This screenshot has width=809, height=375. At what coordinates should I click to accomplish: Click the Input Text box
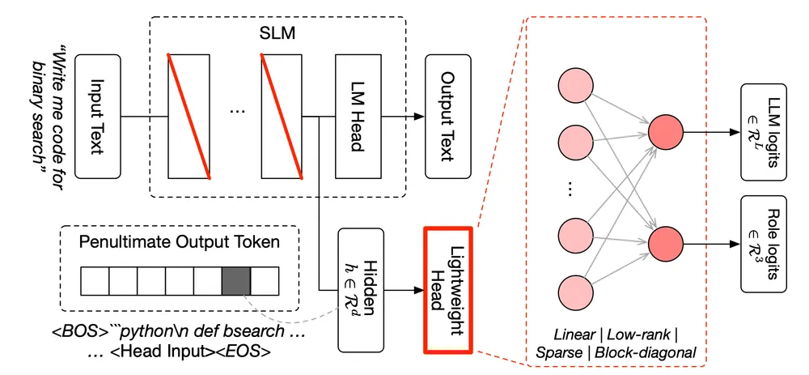98,117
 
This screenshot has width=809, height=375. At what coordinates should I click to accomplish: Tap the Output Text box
447,117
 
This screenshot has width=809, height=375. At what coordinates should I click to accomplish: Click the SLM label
277,35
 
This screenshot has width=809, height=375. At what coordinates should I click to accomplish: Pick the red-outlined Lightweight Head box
447,290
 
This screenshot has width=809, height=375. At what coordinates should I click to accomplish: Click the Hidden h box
361,290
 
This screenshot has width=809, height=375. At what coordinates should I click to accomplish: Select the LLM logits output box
763,131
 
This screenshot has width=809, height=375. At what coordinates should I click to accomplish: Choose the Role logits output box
763,244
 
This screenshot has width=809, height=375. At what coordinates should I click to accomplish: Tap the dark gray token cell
235,280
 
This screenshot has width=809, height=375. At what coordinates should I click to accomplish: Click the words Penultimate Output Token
180,243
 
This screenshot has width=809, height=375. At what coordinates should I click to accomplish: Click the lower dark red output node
666,241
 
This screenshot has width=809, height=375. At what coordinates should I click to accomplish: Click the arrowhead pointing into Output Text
419,117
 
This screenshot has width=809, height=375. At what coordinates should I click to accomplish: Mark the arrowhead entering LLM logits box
735,132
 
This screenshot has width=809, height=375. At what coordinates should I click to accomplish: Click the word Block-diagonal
646,353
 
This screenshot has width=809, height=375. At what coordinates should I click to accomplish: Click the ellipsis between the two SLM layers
235,112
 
